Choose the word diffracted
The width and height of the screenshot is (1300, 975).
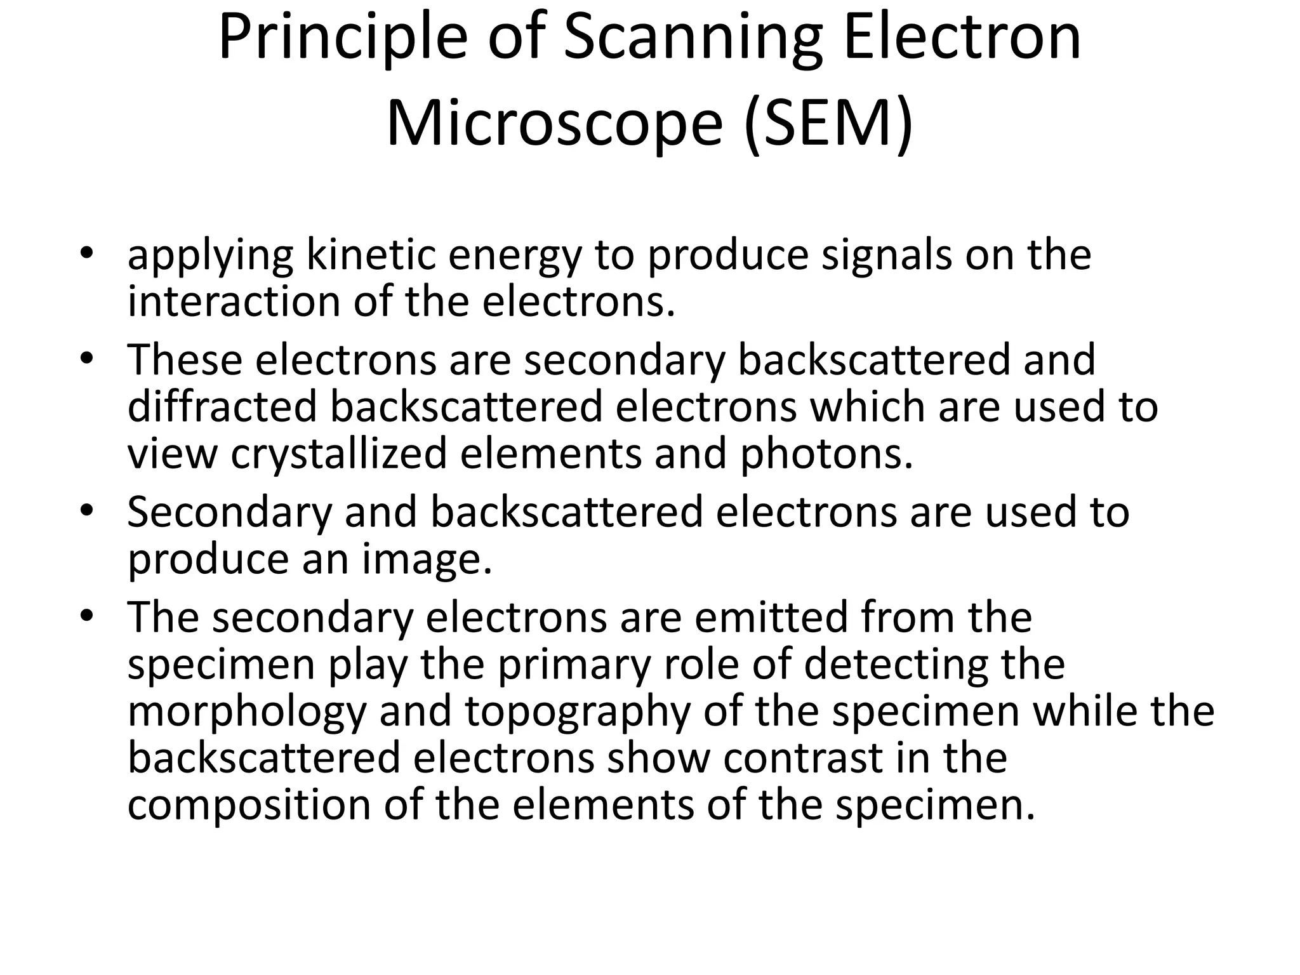pyautogui.click(x=222, y=407)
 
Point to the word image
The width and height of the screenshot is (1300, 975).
pyautogui.click(x=427, y=559)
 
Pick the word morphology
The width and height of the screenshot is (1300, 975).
pyautogui.click(x=247, y=712)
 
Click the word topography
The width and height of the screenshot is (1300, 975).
pyautogui.click(x=578, y=712)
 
